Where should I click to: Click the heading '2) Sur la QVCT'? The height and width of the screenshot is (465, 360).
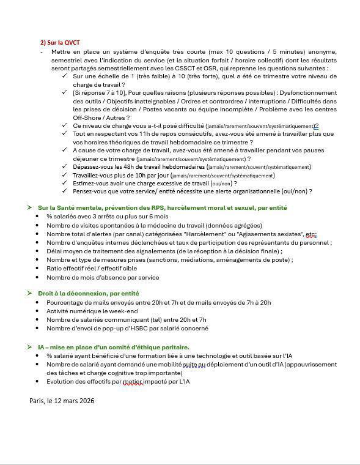tap(60, 42)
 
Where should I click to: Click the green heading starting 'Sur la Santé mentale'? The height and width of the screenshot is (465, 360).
tap(162, 207)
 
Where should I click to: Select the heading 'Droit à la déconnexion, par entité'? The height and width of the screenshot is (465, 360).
tap(89, 294)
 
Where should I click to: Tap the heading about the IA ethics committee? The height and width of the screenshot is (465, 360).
tap(113, 347)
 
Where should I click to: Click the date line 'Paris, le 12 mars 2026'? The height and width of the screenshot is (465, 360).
tap(62, 401)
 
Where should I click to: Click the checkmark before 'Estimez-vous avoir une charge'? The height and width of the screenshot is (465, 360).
tap(65, 183)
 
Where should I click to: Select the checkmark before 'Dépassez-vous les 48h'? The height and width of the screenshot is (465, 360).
tap(65, 166)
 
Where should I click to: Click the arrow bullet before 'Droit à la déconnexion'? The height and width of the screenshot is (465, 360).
tap(29, 294)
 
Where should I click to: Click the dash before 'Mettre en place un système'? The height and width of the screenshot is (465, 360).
tap(42, 52)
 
